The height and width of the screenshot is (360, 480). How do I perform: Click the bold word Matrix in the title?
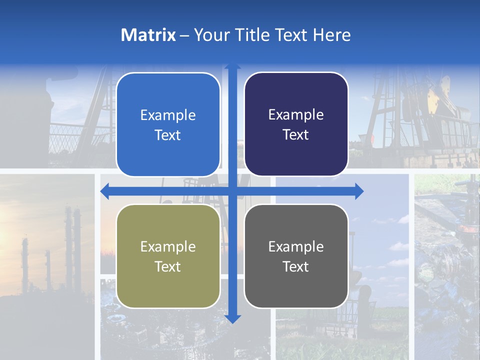pyautogui.click(x=148, y=35)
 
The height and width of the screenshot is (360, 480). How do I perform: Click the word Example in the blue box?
pyautogui.click(x=168, y=115)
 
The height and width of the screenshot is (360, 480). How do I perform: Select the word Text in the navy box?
pyautogui.click(x=296, y=135)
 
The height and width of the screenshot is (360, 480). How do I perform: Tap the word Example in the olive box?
pyautogui.click(x=168, y=247)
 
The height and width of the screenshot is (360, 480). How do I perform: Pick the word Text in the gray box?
pyautogui.click(x=296, y=266)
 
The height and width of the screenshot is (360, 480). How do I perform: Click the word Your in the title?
pyautogui.click(x=210, y=35)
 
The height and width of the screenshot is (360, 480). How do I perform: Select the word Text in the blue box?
pyautogui.click(x=168, y=135)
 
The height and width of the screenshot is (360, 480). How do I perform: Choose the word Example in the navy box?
pyautogui.click(x=296, y=115)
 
